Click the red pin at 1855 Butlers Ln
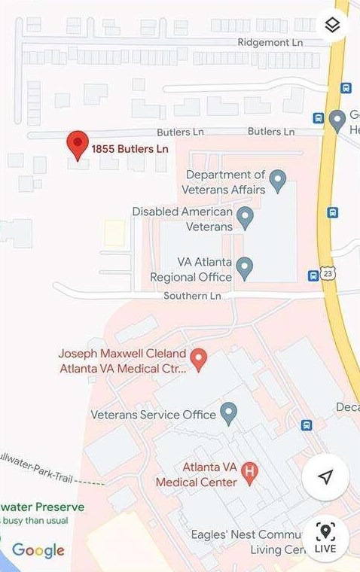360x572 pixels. tap(78, 144)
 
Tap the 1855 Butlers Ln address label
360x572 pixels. tap(130, 149)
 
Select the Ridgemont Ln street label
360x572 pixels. tap(271, 43)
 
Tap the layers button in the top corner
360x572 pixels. tap(333, 26)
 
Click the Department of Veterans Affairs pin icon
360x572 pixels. tap(278, 180)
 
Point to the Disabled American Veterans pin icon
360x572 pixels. tap(244, 218)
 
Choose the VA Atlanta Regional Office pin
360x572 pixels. tap(244, 266)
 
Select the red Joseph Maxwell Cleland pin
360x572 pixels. tap(198, 359)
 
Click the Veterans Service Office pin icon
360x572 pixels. tap(228, 412)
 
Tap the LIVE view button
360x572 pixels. tap(325, 538)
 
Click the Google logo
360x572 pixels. tap(38, 550)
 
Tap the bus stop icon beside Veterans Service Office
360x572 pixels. tap(307, 425)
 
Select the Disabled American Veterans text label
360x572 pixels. tap(182, 219)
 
